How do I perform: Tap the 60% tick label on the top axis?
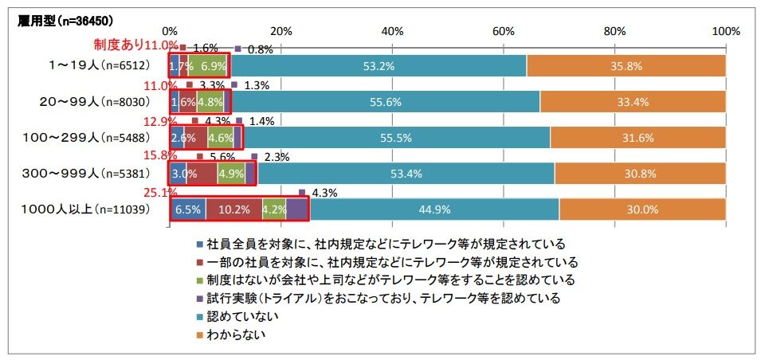click(503, 31)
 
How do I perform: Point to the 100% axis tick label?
click(726, 31)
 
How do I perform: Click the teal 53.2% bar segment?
click(379, 66)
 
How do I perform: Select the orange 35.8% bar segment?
click(626, 66)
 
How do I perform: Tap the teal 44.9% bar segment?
click(434, 210)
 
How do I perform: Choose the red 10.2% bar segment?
click(233, 210)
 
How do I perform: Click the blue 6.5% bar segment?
click(187, 210)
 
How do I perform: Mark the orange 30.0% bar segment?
click(642, 210)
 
